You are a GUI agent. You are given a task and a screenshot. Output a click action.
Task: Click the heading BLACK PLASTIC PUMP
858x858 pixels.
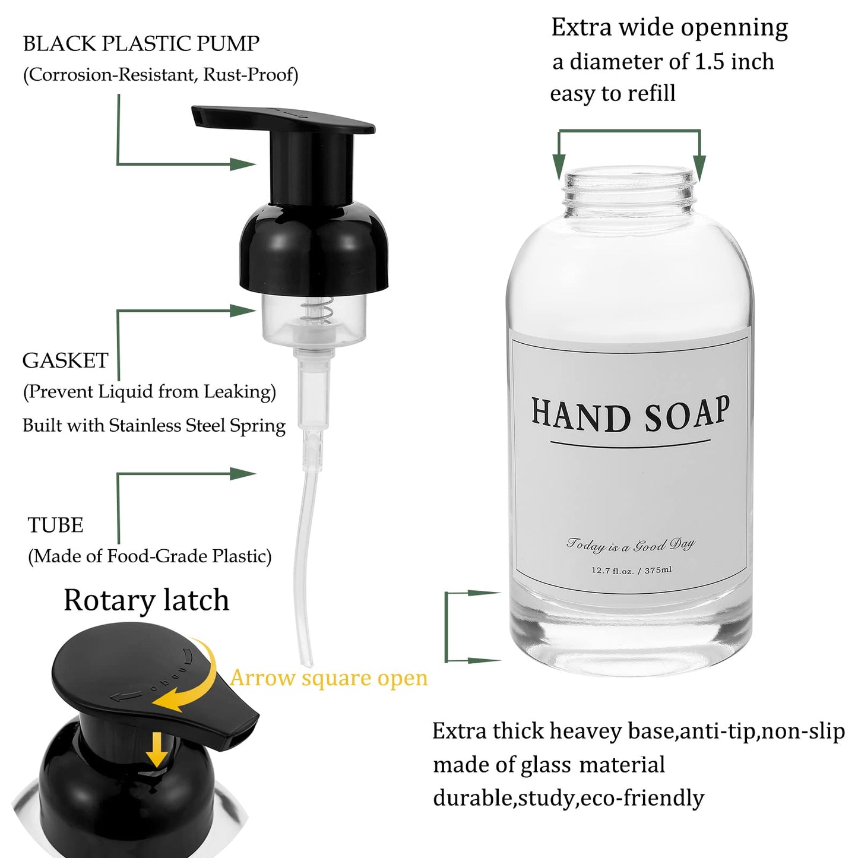click(141, 43)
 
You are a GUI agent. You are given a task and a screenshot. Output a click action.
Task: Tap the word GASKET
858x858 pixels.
click(65, 360)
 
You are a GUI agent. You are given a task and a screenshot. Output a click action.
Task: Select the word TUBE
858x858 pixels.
click(55, 525)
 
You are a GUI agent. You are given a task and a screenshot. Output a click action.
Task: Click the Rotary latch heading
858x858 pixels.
click(146, 600)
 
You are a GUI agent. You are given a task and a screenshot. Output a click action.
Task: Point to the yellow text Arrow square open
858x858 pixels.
click(328, 677)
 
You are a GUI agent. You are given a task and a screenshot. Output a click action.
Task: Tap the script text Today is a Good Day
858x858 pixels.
click(630, 544)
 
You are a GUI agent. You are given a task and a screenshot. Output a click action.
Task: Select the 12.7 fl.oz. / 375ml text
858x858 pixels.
click(631, 570)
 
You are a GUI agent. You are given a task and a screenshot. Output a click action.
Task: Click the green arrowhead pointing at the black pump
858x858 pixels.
click(242, 164)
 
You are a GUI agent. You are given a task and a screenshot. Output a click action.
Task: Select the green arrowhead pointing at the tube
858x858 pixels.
click(242, 473)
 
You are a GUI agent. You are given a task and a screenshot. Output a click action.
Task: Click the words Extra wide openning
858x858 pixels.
click(669, 27)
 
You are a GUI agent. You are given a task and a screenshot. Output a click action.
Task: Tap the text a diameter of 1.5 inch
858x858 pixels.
click(663, 62)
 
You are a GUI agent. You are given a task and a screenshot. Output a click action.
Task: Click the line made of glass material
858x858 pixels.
click(549, 765)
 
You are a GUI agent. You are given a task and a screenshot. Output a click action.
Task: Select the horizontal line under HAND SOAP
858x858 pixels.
click(630, 442)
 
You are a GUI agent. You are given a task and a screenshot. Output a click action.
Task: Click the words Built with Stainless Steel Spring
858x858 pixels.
click(154, 426)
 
